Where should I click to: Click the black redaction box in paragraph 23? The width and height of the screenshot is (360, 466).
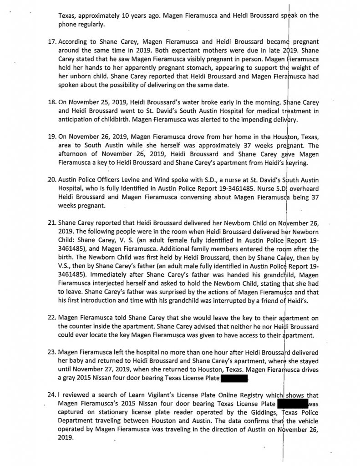(233, 378)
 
